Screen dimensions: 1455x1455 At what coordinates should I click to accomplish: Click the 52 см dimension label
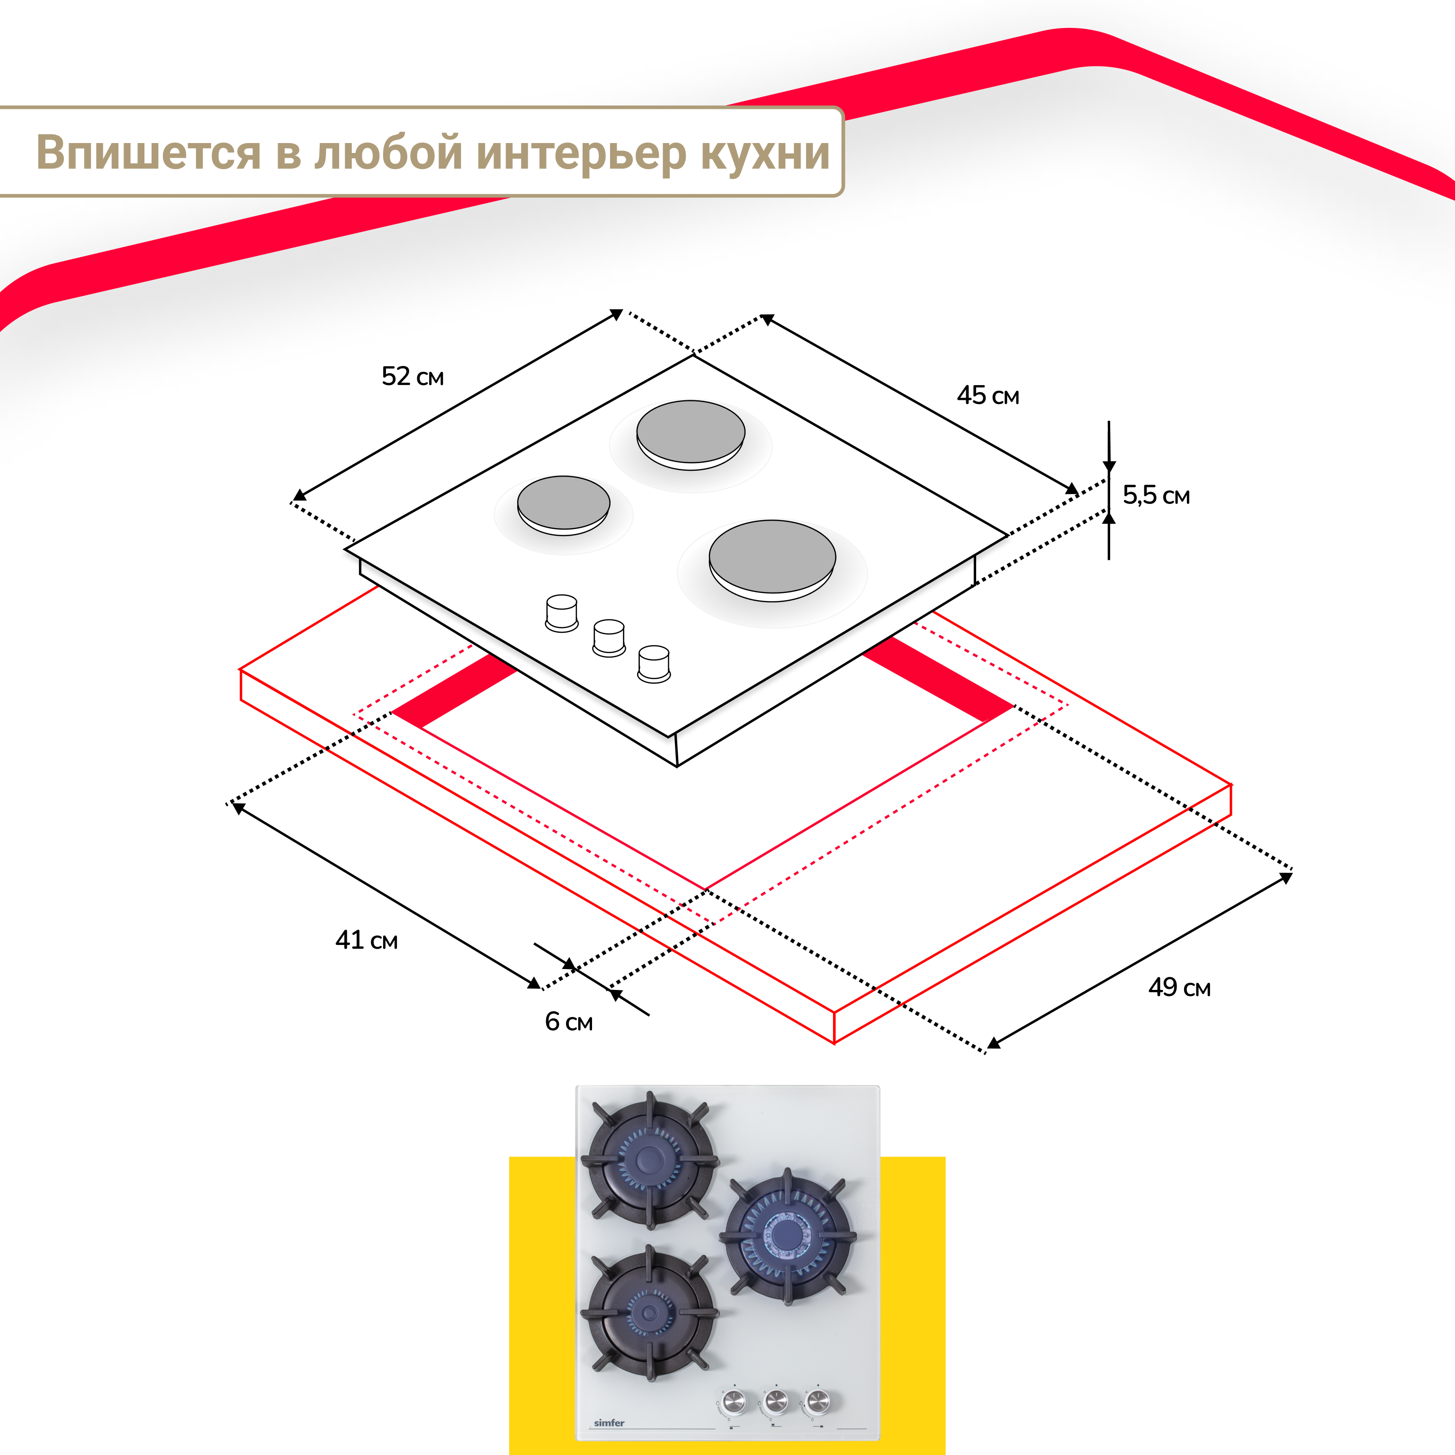pyautogui.click(x=413, y=376)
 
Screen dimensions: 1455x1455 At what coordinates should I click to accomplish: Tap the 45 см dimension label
pyautogui.click(x=988, y=395)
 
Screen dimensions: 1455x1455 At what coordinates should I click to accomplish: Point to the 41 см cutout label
pyautogui.click(x=366, y=940)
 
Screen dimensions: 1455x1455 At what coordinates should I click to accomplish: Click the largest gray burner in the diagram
pyautogui.click(x=772, y=558)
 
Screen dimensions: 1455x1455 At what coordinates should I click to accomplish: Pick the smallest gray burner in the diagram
pyautogui.click(x=563, y=503)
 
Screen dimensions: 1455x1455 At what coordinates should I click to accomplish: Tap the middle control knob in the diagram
pyautogui.click(x=609, y=637)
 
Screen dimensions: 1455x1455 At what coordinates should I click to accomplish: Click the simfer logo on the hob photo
pyautogui.click(x=609, y=1423)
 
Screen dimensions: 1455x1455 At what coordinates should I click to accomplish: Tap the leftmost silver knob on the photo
pyautogui.click(x=733, y=1401)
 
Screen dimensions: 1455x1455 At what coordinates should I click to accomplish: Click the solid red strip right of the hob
pyautogui.click(x=938, y=679)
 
